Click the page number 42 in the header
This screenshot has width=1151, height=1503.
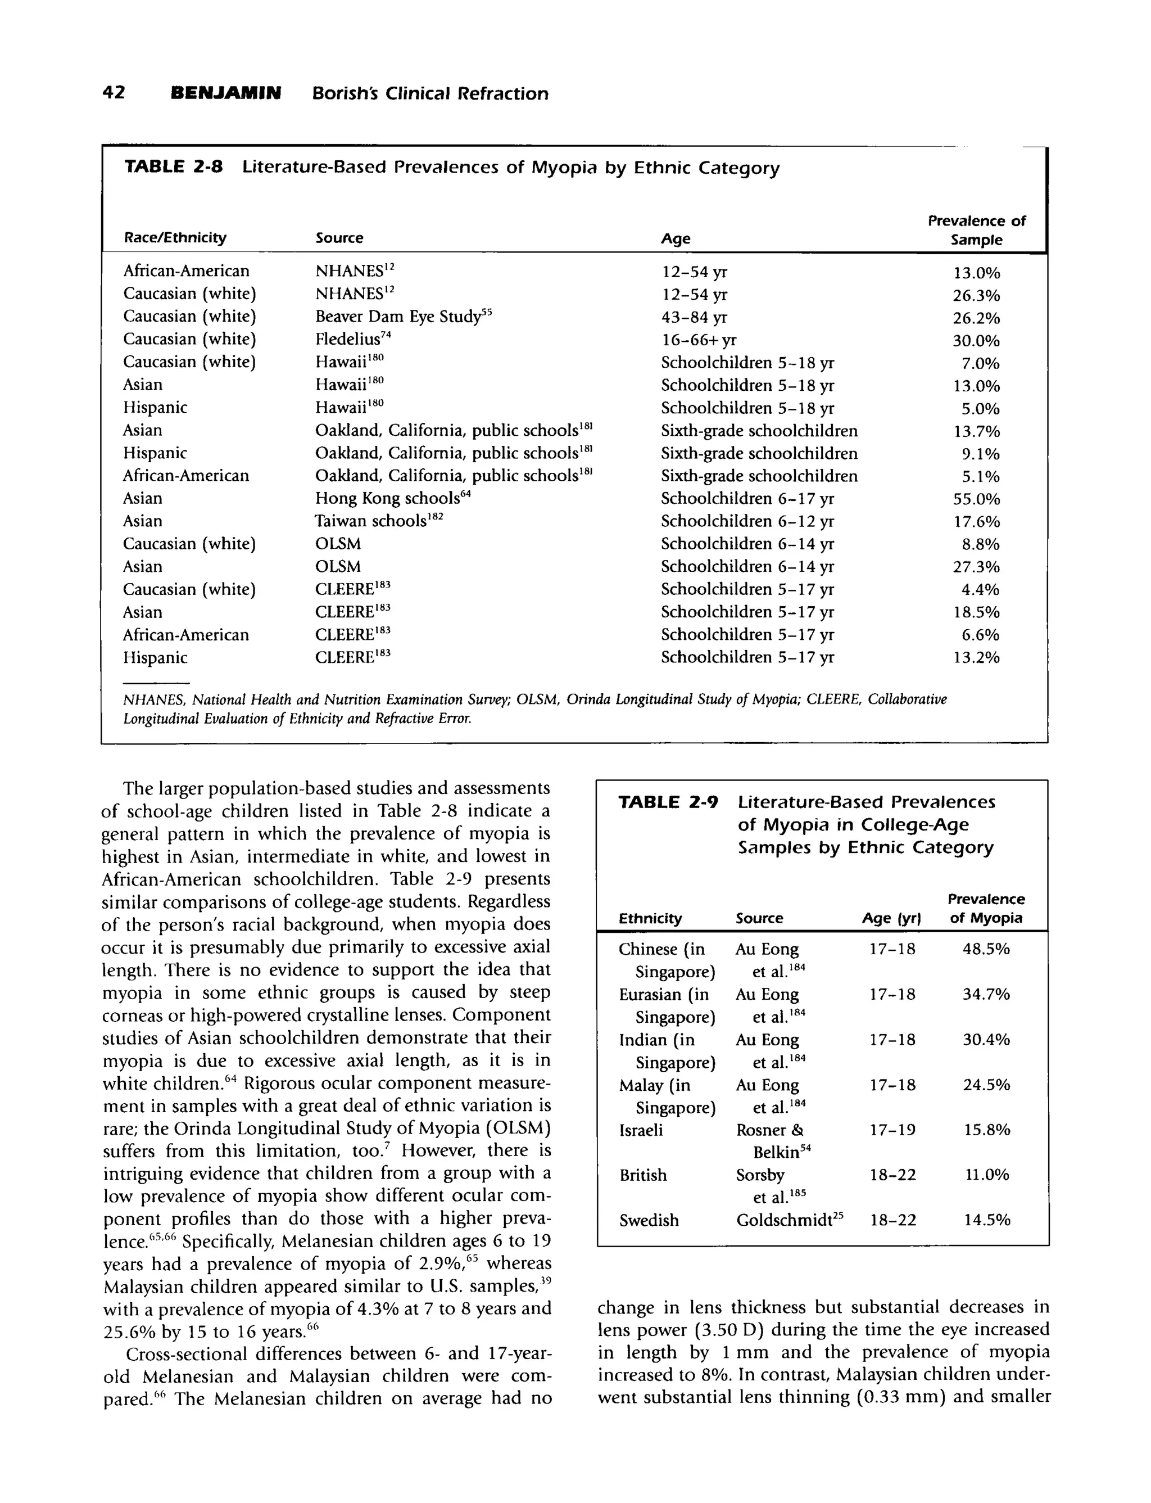coord(114,93)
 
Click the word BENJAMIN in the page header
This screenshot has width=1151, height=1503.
coord(225,93)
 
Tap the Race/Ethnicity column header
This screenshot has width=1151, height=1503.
coord(175,238)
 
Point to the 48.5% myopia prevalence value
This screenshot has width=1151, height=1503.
coord(986,949)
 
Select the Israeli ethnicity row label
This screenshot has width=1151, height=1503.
coord(641,1130)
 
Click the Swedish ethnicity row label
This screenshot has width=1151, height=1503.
coord(649,1221)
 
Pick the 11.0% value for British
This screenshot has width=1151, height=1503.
coord(986,1175)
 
